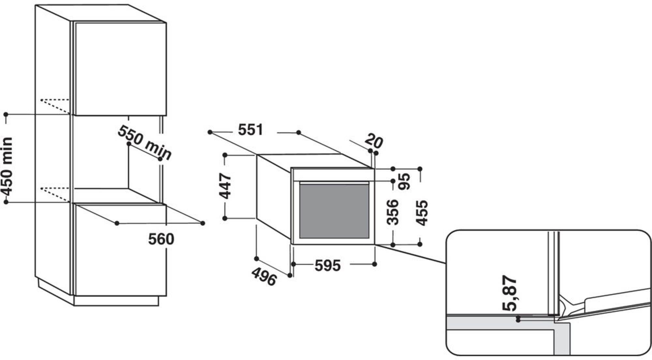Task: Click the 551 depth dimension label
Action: (250, 130)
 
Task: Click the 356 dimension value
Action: (393, 212)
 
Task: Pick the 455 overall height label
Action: (422, 213)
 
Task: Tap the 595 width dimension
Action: (328, 265)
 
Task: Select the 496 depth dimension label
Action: (264, 277)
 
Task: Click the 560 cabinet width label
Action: (161, 239)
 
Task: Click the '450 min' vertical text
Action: (7, 166)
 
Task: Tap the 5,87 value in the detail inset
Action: (509, 293)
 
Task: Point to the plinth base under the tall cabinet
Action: (116, 301)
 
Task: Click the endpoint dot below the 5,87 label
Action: (518, 321)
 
